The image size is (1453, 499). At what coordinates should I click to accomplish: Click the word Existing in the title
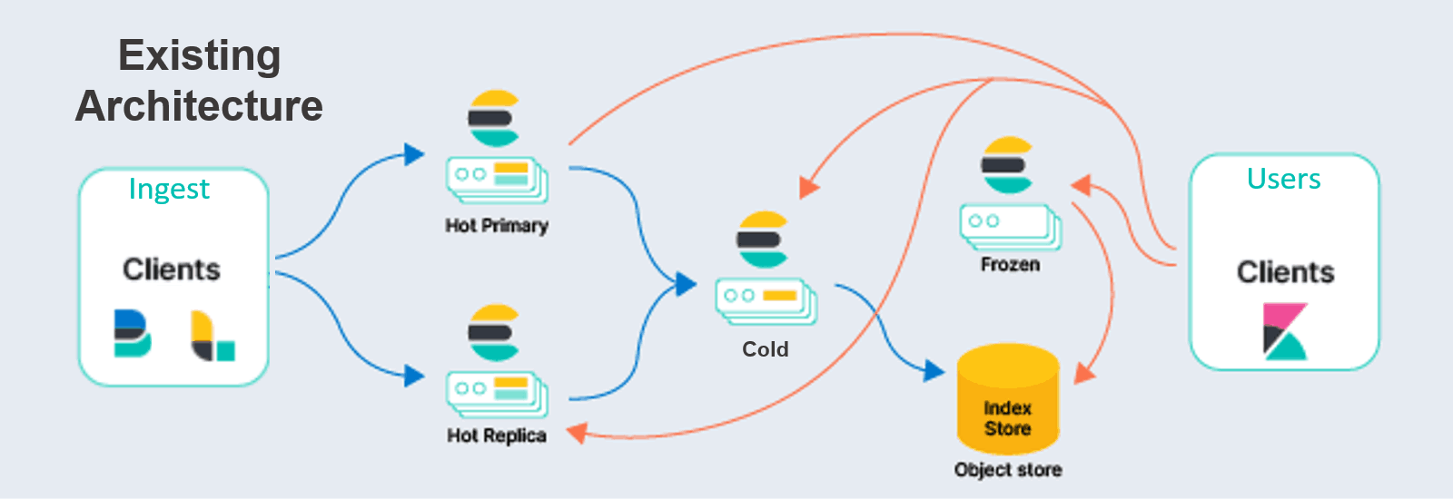[199, 56]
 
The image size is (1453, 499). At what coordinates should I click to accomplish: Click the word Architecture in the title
[199, 106]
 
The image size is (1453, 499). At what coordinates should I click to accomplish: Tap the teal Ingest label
[169, 189]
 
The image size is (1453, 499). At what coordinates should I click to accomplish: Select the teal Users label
[1283, 179]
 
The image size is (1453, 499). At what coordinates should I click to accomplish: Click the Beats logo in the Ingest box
[132, 333]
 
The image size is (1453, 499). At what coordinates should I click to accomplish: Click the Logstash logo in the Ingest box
[213, 336]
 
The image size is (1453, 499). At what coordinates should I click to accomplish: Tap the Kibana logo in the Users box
[1285, 332]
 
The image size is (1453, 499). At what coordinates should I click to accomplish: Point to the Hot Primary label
[497, 225]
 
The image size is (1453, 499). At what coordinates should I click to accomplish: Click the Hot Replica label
[497, 435]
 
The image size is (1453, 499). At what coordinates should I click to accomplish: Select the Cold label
[765, 349]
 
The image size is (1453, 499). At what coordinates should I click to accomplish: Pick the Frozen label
[1010, 265]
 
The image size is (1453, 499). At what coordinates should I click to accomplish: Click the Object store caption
[1008, 470]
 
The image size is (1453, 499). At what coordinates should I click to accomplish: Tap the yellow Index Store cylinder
[1008, 399]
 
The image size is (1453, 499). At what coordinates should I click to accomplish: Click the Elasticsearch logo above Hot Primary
[494, 118]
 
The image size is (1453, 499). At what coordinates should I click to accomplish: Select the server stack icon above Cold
[766, 300]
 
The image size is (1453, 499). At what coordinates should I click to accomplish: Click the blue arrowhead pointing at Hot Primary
[414, 154]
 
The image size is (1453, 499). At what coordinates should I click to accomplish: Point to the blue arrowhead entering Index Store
[934, 370]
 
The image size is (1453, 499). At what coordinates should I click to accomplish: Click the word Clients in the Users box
[1285, 272]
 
